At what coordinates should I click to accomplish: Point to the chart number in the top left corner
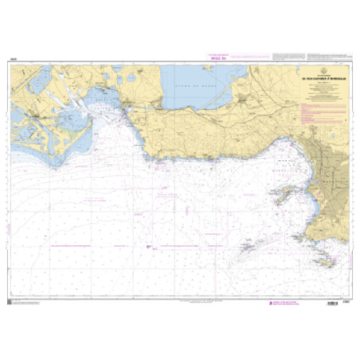click(15, 61)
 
